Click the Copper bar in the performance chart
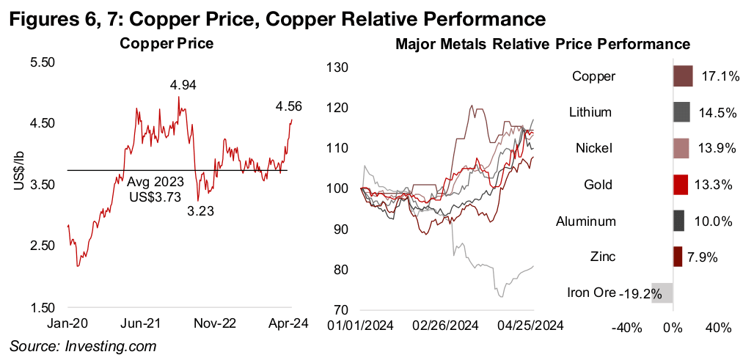683,76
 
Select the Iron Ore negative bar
662,293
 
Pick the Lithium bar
681,113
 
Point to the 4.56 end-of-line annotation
288,107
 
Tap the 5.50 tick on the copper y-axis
43,64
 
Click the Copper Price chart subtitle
167,44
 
